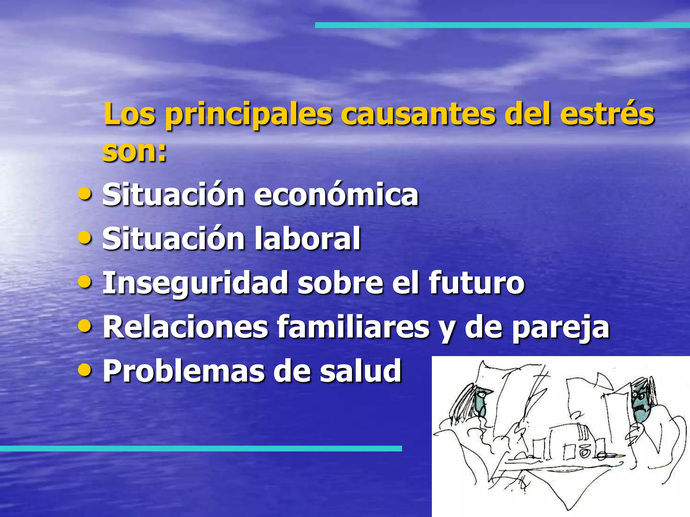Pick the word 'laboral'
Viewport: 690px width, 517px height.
[x=307, y=239]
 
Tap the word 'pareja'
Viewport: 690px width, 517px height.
[x=561, y=328]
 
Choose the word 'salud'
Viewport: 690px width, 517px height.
[x=360, y=371]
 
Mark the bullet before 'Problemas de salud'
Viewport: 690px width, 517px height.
[x=84, y=370]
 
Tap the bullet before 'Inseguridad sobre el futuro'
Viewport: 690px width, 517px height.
[x=84, y=282]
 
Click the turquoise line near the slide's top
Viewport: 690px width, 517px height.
[x=502, y=25]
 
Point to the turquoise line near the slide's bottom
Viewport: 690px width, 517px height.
[x=200, y=448]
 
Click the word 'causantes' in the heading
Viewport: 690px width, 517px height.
[x=418, y=114]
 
